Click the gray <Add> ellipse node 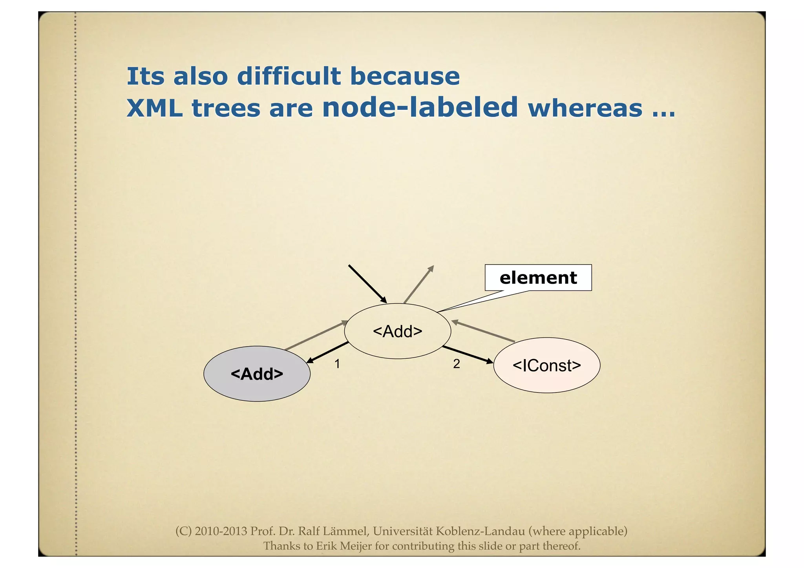tap(257, 374)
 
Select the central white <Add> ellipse tap(397, 331)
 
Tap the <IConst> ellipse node tap(546, 365)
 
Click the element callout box tap(538, 278)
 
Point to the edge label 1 tap(337, 364)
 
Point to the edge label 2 tap(456, 364)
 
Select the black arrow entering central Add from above tap(367, 284)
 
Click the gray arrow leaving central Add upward tap(419, 284)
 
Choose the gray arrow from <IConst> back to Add tap(483, 331)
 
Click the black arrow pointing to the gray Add tap(327, 352)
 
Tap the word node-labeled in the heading tap(420, 108)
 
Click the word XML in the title tap(155, 108)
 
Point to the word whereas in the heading tap(585, 108)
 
